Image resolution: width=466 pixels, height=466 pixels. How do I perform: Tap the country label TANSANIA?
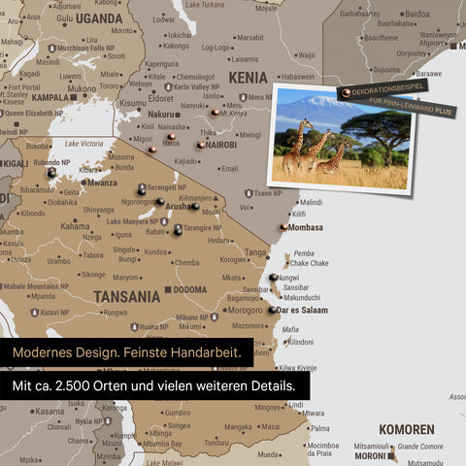click(125, 296)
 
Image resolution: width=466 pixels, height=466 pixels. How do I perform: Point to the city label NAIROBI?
click(221, 145)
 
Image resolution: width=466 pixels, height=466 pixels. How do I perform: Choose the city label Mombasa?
click(306, 227)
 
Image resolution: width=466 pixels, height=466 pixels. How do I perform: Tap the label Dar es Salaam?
click(302, 311)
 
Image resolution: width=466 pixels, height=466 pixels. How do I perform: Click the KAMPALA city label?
click(50, 97)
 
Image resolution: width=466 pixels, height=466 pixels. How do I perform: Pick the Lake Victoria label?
click(84, 144)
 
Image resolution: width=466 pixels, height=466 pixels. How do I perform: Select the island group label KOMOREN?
click(406, 429)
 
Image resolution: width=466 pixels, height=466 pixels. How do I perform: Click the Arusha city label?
click(178, 207)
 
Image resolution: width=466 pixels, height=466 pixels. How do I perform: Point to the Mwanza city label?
click(102, 183)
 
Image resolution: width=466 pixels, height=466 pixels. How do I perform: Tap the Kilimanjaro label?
click(194, 197)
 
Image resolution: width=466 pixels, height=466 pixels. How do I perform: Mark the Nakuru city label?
click(161, 114)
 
